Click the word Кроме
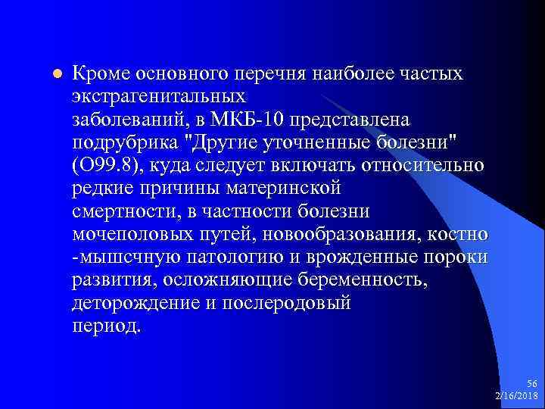[x=101, y=74]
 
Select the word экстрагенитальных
[x=159, y=98]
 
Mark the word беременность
[x=369, y=279]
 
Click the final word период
[x=106, y=325]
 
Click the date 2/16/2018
[x=516, y=397]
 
